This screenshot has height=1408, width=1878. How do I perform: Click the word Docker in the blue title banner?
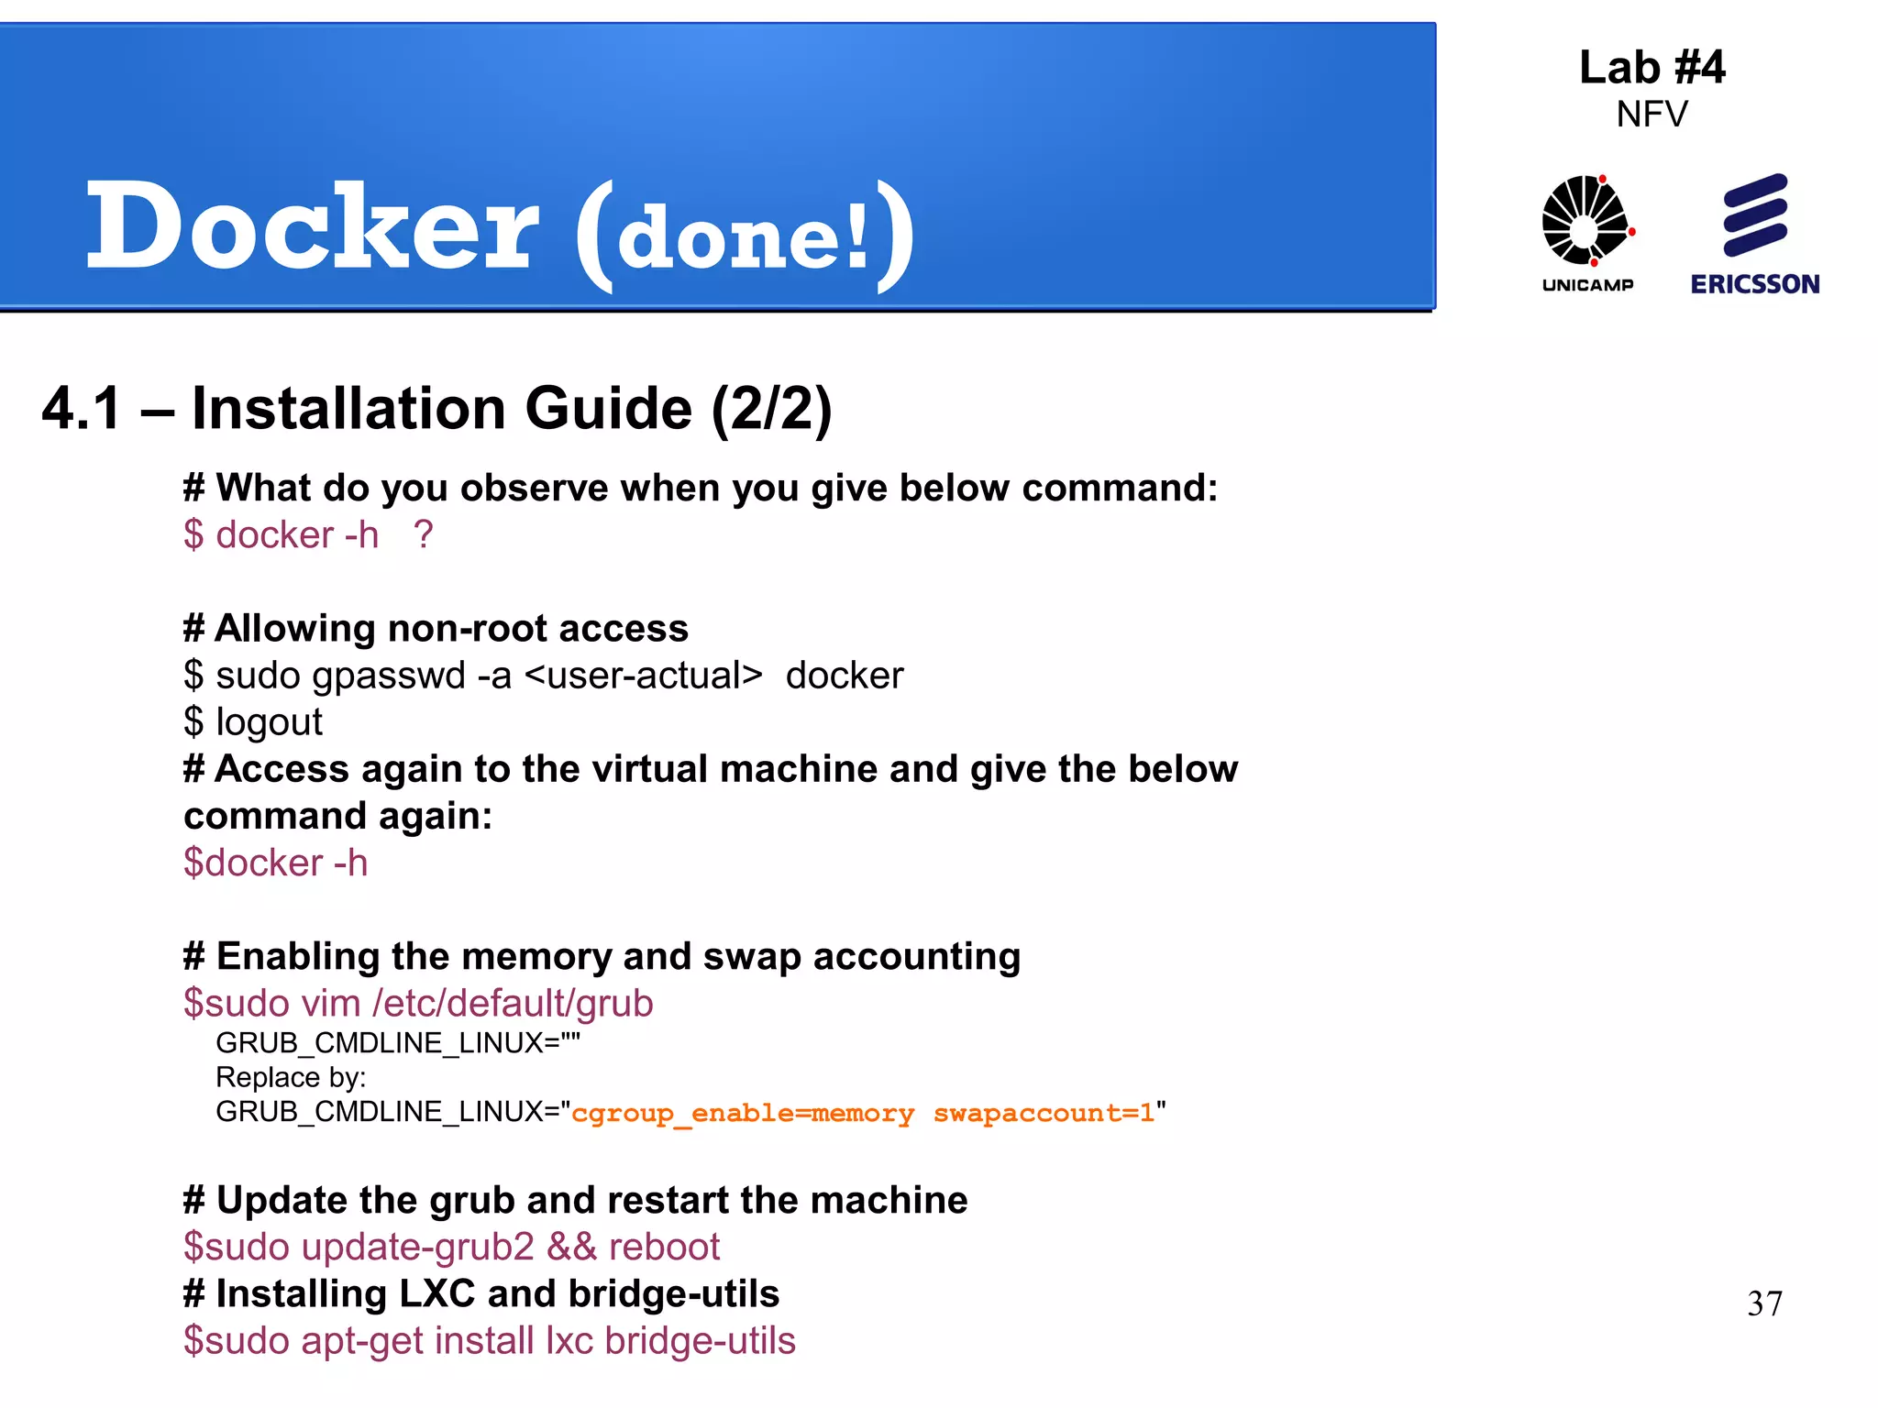click(312, 227)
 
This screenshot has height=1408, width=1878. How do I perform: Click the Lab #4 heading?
click(1652, 68)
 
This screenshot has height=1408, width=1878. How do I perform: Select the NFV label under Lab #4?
click(1652, 115)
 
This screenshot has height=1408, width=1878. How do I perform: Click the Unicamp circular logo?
click(1586, 221)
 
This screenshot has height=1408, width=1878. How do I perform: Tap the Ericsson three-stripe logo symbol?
click(1755, 214)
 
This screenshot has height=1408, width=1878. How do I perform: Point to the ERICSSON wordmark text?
click(1755, 284)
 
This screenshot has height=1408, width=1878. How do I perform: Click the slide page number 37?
click(1764, 1303)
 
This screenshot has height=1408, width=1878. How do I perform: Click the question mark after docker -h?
click(423, 534)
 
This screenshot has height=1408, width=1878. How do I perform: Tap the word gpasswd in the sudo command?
click(389, 676)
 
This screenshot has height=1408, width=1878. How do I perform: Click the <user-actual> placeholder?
click(643, 676)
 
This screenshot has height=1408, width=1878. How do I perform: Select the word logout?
click(269, 722)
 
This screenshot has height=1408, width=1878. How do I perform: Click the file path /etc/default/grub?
click(513, 1003)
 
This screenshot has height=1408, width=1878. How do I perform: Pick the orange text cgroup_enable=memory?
click(743, 1113)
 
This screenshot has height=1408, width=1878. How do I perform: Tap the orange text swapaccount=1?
click(1044, 1113)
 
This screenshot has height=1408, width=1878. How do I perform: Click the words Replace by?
click(291, 1077)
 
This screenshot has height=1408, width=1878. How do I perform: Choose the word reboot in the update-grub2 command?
click(664, 1247)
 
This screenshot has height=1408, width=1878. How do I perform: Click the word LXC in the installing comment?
click(436, 1293)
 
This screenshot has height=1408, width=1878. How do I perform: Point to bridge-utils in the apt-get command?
click(700, 1340)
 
